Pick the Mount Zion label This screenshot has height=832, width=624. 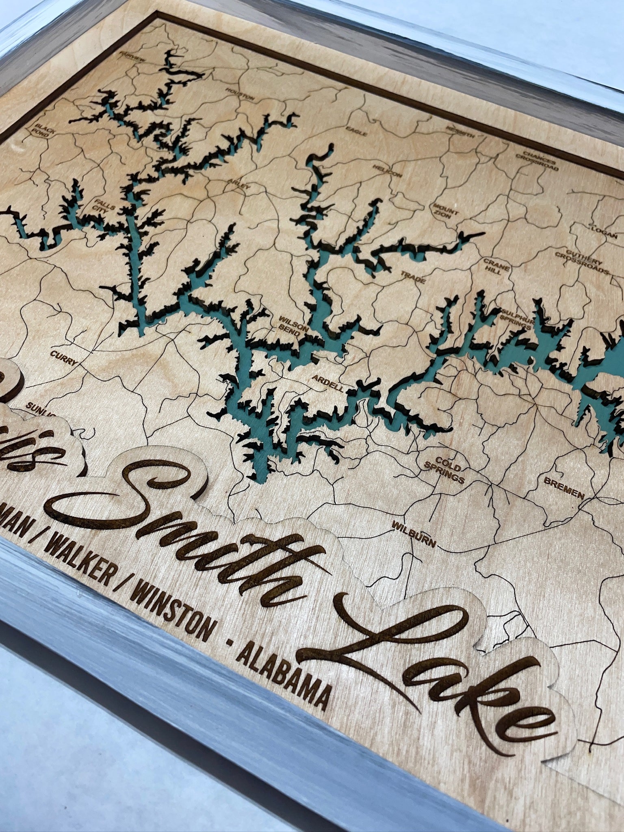pos(446,210)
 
